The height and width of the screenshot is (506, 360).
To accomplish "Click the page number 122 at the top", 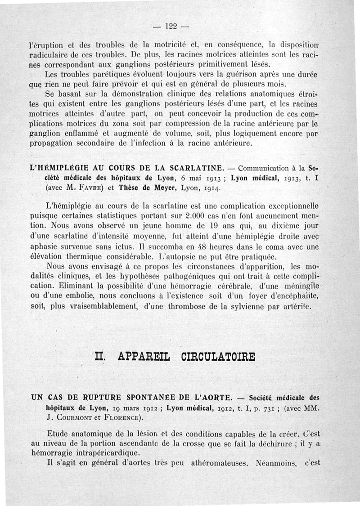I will click(x=171, y=27).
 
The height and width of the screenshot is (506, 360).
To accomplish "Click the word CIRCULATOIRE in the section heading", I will click(x=218, y=358).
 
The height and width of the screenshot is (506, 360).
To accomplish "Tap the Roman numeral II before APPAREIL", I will click(x=100, y=358).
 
